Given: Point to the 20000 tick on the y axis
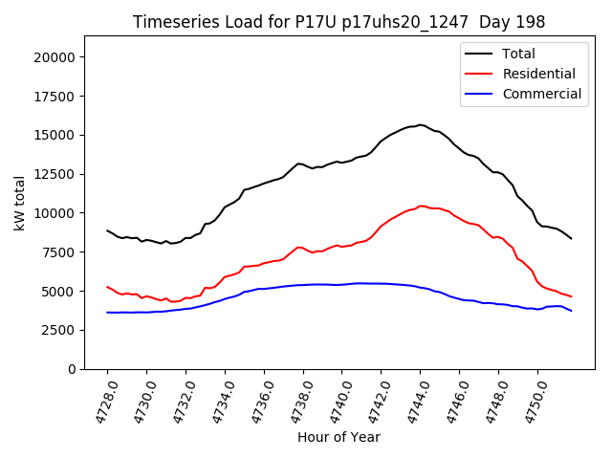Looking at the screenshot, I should tap(55, 56).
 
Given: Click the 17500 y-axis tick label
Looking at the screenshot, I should tap(55, 96).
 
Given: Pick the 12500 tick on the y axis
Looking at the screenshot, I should tap(55, 174).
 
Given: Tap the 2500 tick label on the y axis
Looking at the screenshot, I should tap(58, 330).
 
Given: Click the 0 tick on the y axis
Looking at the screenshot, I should tap(71, 369).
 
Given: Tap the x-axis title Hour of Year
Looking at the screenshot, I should tap(339, 437).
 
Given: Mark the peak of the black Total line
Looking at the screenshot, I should tap(420, 124).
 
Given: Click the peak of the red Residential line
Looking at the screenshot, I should tap(421, 206).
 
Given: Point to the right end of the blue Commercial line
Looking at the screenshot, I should tap(572, 311).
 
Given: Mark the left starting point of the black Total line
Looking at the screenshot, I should tap(107, 230).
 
